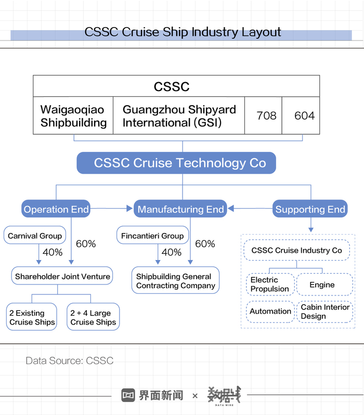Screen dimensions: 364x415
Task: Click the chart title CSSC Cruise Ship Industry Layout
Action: point(183,32)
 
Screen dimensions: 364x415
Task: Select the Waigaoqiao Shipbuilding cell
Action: point(73,115)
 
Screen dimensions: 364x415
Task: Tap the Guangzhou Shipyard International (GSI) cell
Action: point(179,115)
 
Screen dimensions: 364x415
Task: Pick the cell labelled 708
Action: point(264,115)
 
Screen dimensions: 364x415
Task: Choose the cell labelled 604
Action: point(301,115)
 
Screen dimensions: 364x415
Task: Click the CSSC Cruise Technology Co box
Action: point(176,163)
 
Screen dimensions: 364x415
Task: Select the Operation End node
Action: point(56,209)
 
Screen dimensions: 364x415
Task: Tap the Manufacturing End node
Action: point(180,209)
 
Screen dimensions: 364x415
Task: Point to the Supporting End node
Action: point(310,209)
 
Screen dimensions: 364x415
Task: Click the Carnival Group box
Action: point(35,235)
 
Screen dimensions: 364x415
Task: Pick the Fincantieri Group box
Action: point(152,235)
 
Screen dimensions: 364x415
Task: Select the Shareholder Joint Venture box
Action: point(62,276)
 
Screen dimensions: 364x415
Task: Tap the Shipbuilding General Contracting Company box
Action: point(176,280)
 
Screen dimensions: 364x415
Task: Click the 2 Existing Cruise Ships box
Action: point(32,317)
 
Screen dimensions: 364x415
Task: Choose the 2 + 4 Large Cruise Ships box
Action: point(93,317)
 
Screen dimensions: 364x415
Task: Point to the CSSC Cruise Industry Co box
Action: point(297,250)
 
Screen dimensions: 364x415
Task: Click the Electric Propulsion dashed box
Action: point(270,284)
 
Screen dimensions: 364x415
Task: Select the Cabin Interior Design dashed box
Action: point(325,312)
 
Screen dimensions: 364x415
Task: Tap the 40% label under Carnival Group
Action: point(53,252)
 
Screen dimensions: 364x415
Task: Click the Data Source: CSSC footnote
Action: point(69,360)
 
